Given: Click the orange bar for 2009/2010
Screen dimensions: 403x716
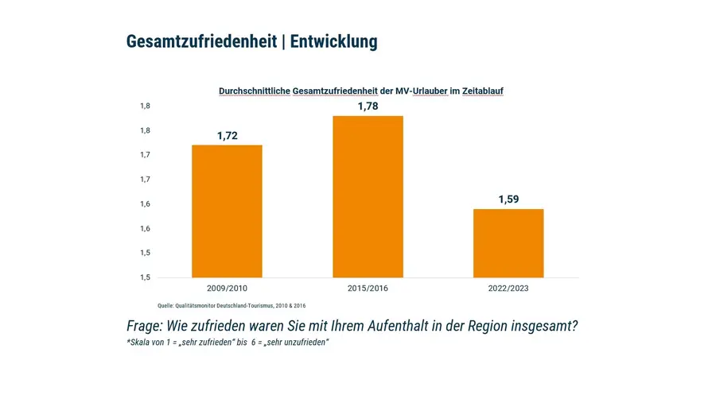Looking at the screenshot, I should [x=227, y=211].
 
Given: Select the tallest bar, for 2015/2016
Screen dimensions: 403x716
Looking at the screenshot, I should [x=368, y=196].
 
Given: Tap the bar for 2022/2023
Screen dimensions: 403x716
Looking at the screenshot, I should [x=508, y=242].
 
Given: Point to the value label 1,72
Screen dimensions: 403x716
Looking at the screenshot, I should [x=227, y=136].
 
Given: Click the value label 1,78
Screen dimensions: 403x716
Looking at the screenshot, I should [x=368, y=106].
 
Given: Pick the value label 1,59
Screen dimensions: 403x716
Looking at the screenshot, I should [x=508, y=200].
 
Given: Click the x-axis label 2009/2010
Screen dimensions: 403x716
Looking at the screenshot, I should [x=227, y=288].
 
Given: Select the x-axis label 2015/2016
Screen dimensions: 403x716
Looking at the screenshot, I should [x=368, y=288].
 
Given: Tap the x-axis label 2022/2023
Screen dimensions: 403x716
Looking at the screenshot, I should [x=508, y=288].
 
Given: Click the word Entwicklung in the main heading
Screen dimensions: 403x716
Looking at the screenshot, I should [x=333, y=42].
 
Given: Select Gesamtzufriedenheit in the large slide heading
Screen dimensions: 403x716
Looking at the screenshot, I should [x=201, y=42].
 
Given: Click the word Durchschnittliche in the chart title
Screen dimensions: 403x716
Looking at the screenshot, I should [x=255, y=91].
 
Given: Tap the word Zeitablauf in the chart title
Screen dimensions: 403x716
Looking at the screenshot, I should [x=483, y=91].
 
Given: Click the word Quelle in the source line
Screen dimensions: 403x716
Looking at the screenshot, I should [x=165, y=306].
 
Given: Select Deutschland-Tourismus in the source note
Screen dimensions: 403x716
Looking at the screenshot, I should [x=239, y=306].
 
